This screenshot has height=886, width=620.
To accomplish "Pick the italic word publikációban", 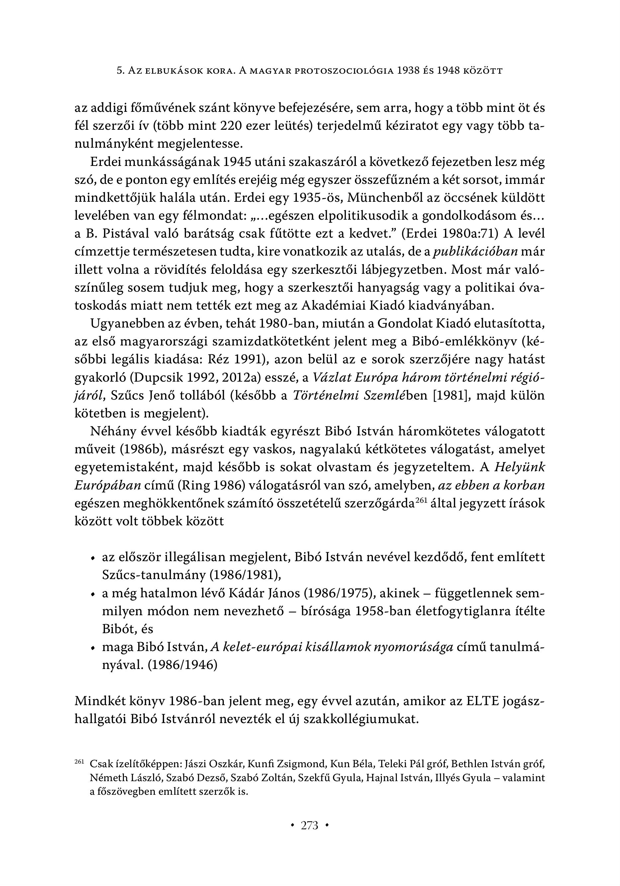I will [476, 252].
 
